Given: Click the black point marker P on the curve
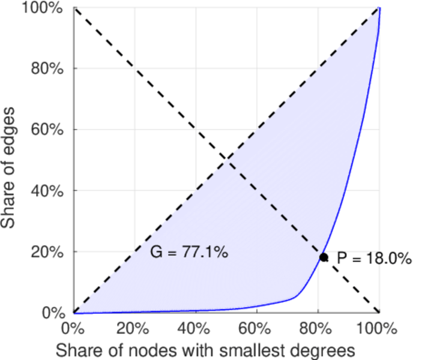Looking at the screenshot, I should pyautogui.click(x=324, y=257).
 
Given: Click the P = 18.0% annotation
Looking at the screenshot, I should pyautogui.click(x=374, y=259).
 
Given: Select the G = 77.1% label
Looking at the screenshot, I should pyautogui.click(x=188, y=253).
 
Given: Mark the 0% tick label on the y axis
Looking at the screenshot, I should pyautogui.click(x=54, y=313).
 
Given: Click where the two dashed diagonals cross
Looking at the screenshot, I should pyautogui.click(x=226, y=160).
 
